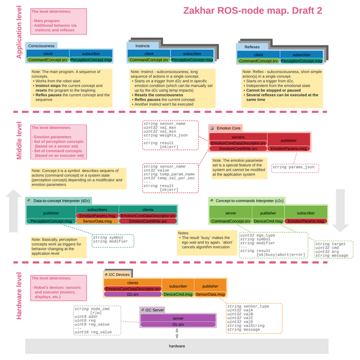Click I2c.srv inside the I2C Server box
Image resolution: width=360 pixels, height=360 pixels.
coord(178,325)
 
